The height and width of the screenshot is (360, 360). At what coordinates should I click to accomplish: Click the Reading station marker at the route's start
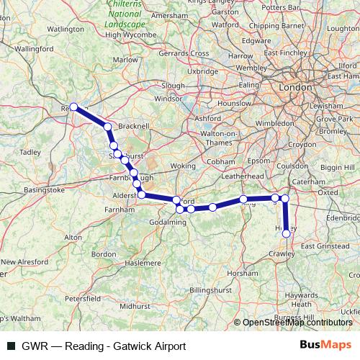(73, 107)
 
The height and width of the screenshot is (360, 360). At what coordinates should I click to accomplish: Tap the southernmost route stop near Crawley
(287, 233)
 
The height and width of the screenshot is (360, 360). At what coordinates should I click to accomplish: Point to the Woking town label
(183, 166)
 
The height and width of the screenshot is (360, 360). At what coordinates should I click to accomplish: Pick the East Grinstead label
(324, 246)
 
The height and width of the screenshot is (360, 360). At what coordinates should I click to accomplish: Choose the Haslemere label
(143, 263)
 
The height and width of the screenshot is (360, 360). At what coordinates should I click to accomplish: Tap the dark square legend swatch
(10, 346)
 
